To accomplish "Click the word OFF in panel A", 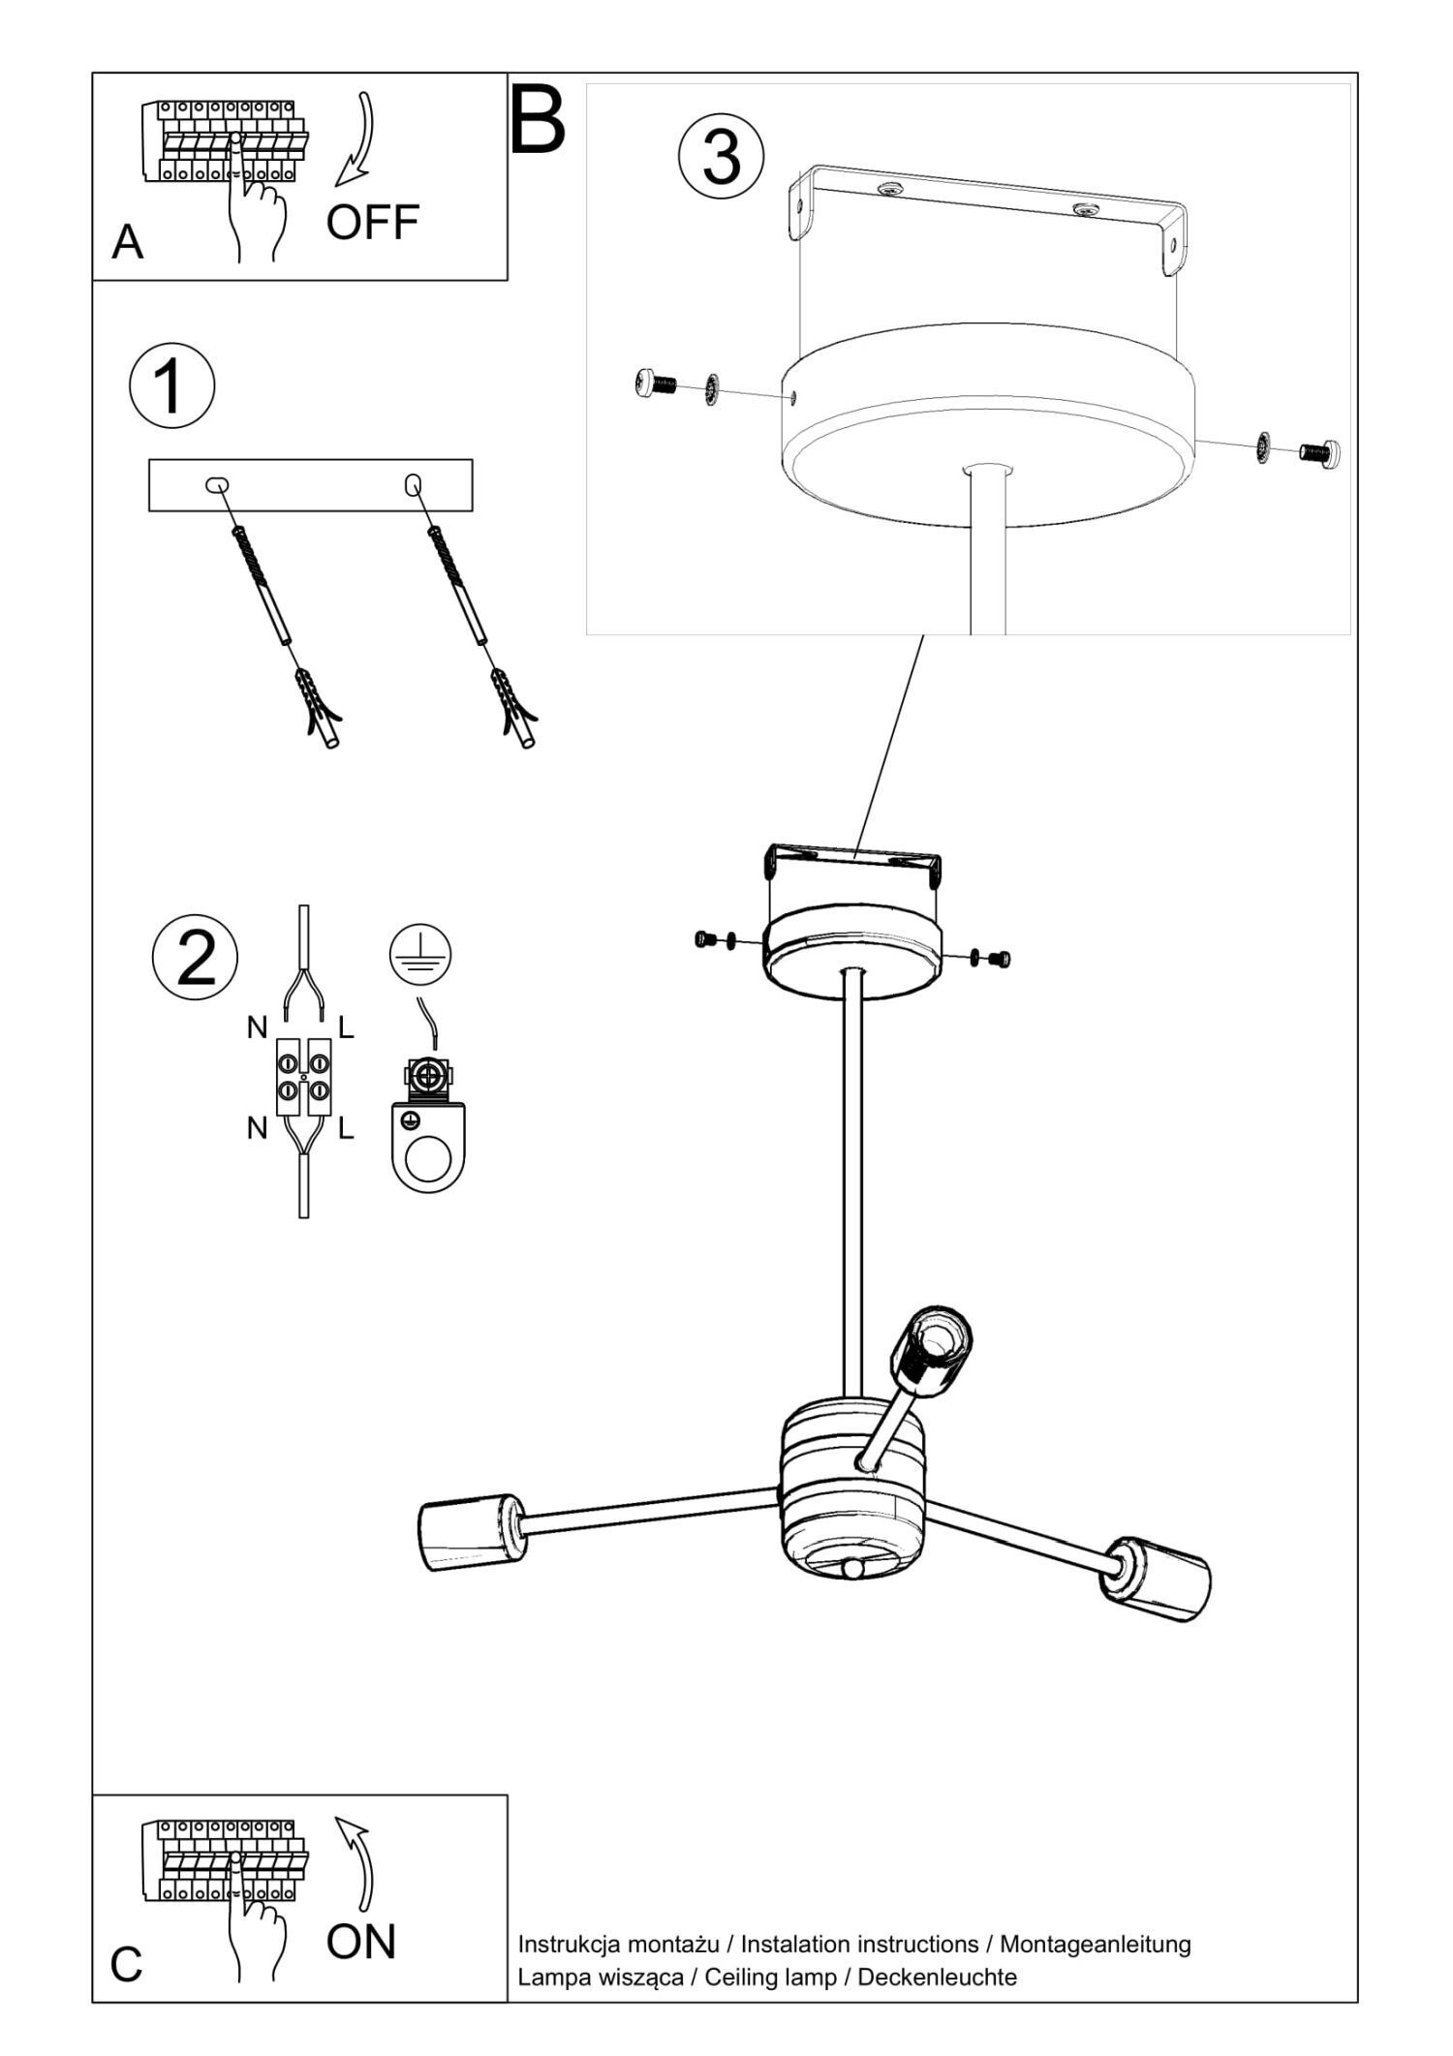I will [x=372, y=222].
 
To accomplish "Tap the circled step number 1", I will [x=171, y=386].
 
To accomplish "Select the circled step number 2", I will [x=196, y=957].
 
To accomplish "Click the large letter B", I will [x=538, y=120].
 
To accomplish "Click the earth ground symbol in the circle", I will [x=420, y=954].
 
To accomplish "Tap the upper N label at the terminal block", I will [x=257, y=1028].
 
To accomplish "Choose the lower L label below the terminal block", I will [x=346, y=1128].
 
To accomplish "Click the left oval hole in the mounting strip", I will [x=217, y=484].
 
